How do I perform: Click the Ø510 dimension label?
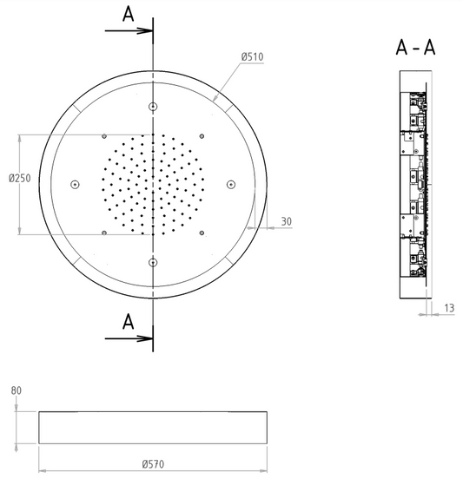253,57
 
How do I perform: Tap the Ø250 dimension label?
20,178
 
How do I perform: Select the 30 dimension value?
287,221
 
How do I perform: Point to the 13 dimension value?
449,308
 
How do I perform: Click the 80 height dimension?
17,390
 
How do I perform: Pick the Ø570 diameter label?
153,464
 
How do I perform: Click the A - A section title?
415,48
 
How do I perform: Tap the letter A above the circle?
129,15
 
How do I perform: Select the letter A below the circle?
129,322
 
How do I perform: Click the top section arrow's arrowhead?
145,30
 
